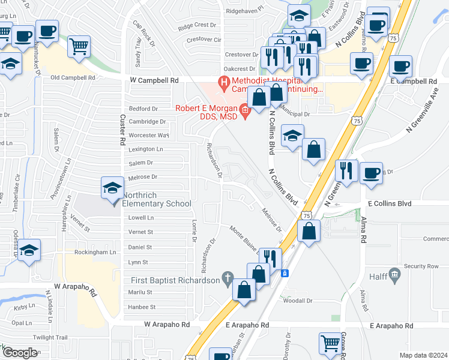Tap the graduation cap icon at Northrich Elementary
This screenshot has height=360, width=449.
tap(113, 188)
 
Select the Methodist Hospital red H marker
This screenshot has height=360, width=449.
tap(224, 82)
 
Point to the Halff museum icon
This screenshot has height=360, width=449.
tap(394, 275)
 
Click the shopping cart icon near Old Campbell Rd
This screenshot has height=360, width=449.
tap(79, 46)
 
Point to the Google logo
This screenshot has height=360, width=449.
tap(19, 353)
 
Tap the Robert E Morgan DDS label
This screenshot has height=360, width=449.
tap(206, 112)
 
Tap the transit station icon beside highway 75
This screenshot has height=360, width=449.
tap(286, 273)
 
